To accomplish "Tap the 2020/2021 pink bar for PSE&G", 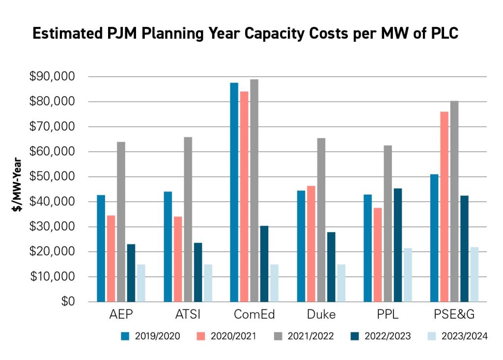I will (444, 207).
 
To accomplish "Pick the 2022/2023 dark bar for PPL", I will (397, 245).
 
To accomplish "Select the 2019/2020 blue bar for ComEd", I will (234, 192).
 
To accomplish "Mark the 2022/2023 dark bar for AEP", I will (131, 273).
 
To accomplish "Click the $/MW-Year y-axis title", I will (18, 184).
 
